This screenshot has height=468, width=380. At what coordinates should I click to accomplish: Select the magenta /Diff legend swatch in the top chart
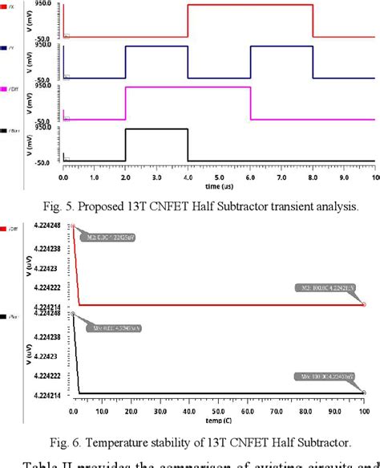click(x=5, y=88)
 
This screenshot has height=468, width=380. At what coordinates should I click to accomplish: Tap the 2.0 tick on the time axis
click(x=125, y=176)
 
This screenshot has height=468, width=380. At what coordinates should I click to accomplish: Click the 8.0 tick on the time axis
click(x=313, y=176)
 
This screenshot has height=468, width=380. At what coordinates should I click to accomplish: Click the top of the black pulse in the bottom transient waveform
click(x=156, y=128)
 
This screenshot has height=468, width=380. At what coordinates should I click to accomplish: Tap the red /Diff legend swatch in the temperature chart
click(x=5, y=228)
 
